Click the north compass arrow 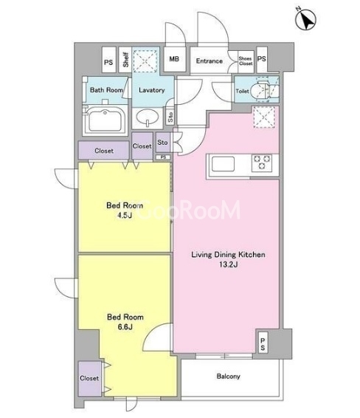pyautogui.click(x=305, y=19)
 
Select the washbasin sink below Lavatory pyautogui.click(x=148, y=117)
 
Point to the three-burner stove pyautogui.click(x=263, y=162)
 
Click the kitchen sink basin pyautogui.click(x=223, y=164)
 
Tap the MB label pyautogui.click(x=174, y=58)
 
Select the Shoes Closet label pyautogui.click(x=246, y=61)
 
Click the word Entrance pyautogui.click(x=210, y=61)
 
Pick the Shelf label pyautogui.click(x=125, y=60)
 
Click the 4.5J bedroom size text pyautogui.click(x=125, y=215)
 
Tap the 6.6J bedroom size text pyautogui.click(x=125, y=326)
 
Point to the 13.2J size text pyautogui.click(x=228, y=264)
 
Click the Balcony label pyautogui.click(x=228, y=376)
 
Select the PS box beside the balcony pyautogui.click(x=263, y=344)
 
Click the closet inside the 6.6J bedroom pyautogui.click(x=89, y=378)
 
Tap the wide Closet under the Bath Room pyautogui.click(x=104, y=151)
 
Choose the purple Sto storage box pyautogui.click(x=163, y=143)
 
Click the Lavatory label pyautogui.click(x=152, y=90)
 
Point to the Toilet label pyautogui.click(x=242, y=91)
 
